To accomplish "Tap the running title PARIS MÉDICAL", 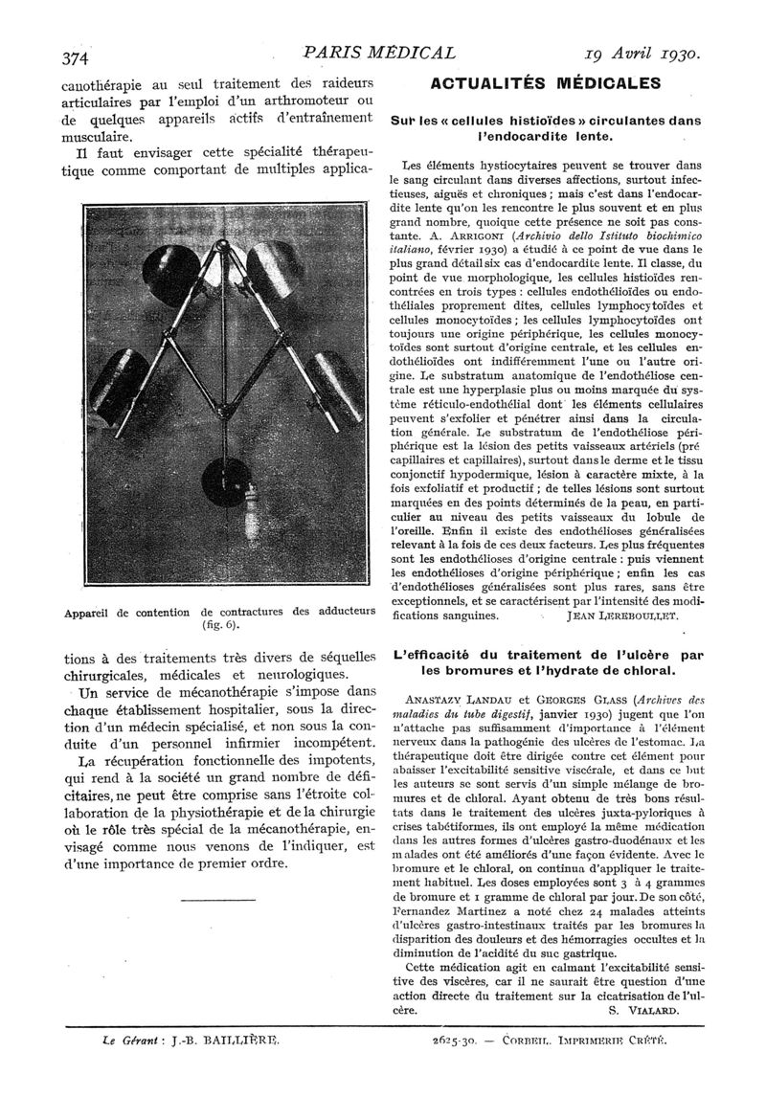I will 377,53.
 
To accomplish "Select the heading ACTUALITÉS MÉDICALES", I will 546,82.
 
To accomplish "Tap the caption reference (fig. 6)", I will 219,625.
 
